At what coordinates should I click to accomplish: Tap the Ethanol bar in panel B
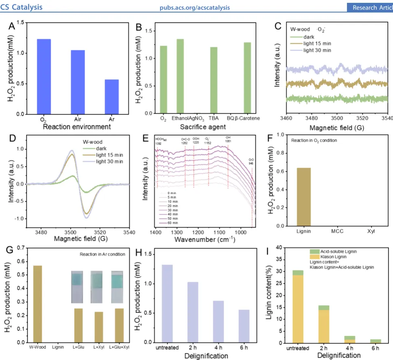pos(180,76)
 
